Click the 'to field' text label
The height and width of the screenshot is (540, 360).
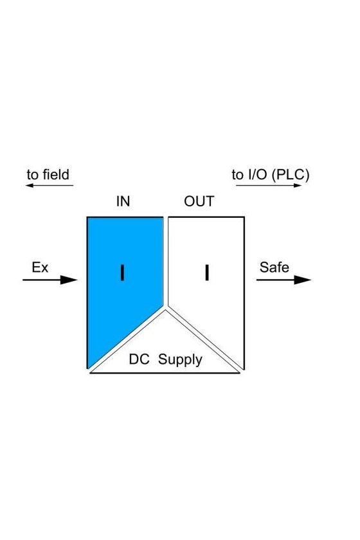point(48,175)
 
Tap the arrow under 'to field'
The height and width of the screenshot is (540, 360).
point(50,186)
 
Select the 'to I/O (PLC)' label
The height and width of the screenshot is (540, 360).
point(271,175)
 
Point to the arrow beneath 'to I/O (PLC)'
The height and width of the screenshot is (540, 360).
point(269,186)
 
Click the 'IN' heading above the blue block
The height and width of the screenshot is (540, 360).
point(123,201)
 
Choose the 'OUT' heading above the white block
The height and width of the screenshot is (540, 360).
point(199,201)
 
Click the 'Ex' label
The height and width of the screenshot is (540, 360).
point(40,267)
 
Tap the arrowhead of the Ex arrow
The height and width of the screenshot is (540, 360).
point(69,280)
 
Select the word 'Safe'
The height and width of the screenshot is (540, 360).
point(274,267)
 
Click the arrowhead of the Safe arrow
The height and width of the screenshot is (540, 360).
point(303,280)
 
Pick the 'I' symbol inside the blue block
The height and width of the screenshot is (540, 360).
point(122,273)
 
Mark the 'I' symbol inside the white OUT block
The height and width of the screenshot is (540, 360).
point(207,273)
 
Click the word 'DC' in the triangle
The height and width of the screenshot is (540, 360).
point(139,359)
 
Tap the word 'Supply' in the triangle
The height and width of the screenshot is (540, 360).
point(180,360)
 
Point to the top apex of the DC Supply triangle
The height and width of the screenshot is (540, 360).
point(165,310)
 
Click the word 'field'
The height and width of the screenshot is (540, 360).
point(56,175)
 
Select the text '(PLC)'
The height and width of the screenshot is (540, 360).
point(291,175)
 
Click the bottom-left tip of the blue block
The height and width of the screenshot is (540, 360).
point(88,368)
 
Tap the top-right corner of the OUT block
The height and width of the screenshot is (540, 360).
point(244,217)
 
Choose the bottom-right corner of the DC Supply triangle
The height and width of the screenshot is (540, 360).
point(239,373)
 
